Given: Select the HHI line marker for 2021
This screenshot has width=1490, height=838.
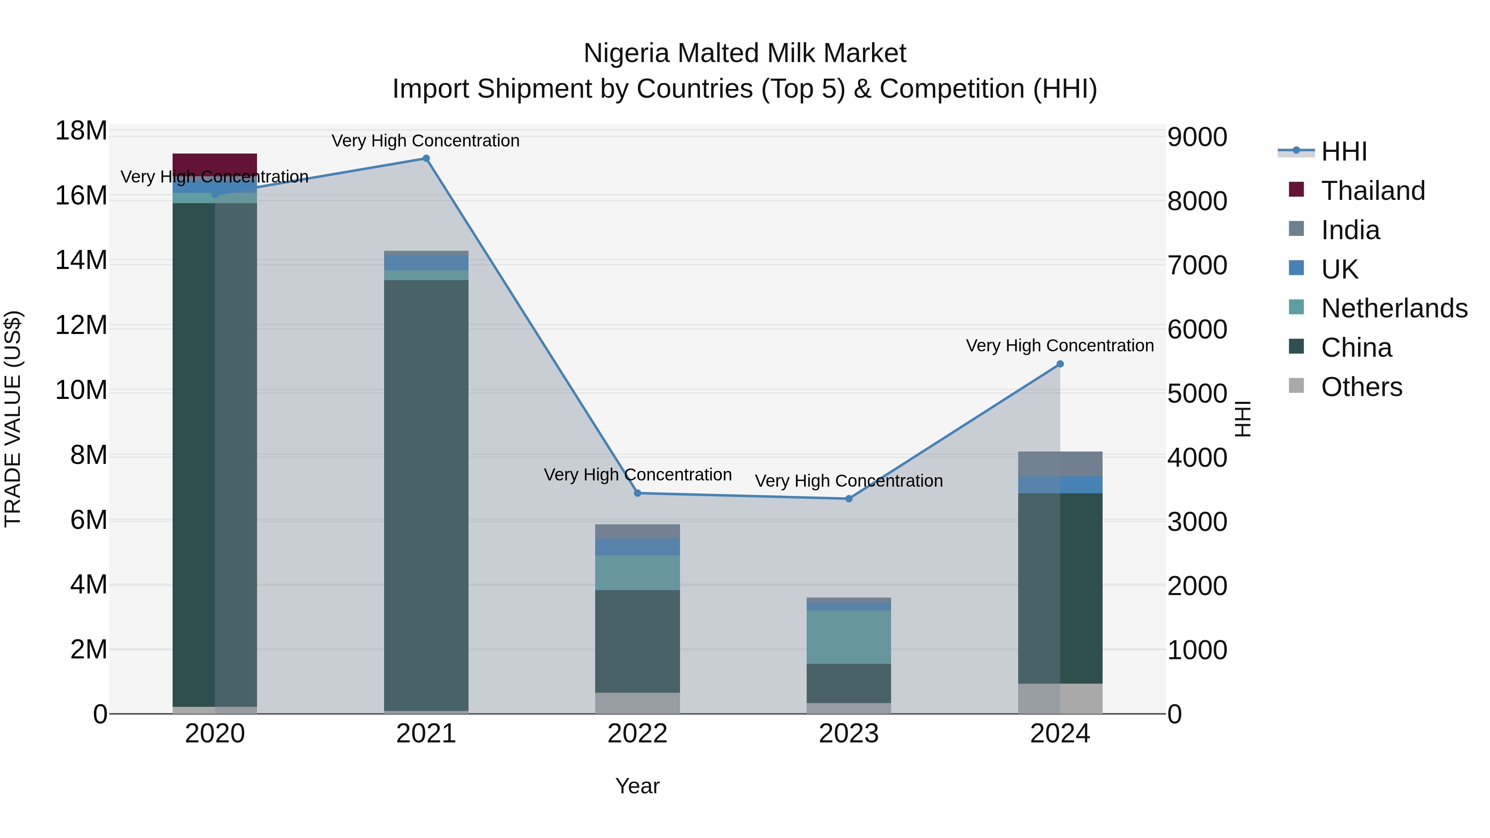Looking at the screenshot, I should [426, 158].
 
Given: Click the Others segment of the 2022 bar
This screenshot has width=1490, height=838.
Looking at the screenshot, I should [637, 703].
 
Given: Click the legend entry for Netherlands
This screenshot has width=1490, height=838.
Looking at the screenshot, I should [1394, 308].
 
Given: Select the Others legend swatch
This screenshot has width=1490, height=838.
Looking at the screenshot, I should [1296, 386].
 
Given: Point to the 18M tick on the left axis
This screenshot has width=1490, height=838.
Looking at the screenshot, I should [81, 131].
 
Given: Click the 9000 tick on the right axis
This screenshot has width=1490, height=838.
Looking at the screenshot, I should [1197, 138].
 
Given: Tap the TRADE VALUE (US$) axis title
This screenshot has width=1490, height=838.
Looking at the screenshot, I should [13, 419].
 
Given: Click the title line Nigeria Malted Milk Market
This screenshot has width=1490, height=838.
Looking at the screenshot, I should [745, 53].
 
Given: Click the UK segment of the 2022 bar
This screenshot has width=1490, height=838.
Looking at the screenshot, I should [637, 547].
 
